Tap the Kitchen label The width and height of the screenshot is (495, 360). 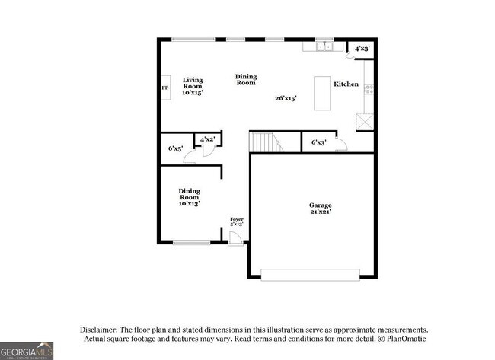[346, 84]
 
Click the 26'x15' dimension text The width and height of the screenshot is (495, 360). [286, 97]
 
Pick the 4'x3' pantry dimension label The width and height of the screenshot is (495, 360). [362, 48]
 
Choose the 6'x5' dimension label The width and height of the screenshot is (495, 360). [175, 148]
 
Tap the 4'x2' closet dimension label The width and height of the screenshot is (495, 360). [207, 139]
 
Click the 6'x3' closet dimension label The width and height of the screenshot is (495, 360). [319, 142]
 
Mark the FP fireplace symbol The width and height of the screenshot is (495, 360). [164, 88]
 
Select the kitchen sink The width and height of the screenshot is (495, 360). [324, 46]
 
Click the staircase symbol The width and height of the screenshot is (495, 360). [264, 142]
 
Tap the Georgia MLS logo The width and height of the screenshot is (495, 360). [27, 350]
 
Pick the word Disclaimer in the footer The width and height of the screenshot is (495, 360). [100, 329]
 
